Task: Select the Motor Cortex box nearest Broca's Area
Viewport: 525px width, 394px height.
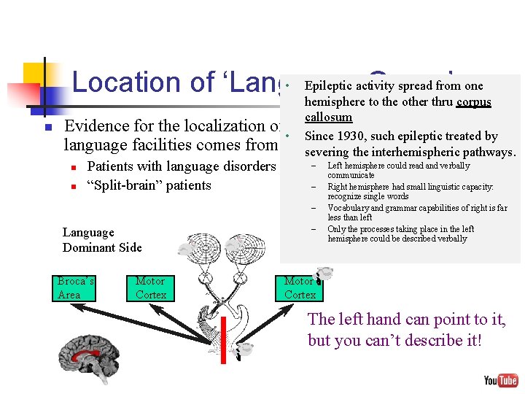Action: [151, 287]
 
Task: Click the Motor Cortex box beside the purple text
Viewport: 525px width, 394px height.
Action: [300, 287]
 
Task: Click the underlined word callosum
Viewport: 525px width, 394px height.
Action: [328, 117]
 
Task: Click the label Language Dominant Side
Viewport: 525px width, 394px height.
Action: [102, 240]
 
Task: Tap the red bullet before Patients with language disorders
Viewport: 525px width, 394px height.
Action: [74, 167]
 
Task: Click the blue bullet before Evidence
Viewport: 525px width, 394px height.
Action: [47, 128]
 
